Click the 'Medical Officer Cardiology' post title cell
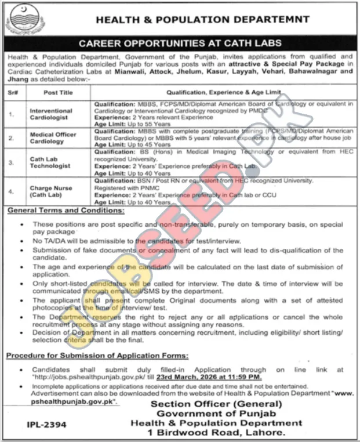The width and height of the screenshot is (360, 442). pos(53,138)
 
